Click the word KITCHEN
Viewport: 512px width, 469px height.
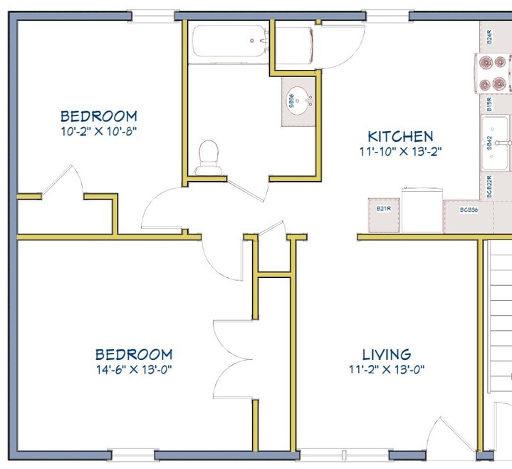400,136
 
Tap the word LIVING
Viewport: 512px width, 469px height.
387,354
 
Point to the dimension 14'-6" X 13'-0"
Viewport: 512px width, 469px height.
134,369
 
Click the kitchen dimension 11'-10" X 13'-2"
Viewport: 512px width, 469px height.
400,151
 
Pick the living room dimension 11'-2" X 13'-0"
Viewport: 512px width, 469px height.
387,369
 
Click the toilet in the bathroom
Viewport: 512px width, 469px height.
208,158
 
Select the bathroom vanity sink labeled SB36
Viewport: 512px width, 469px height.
299,101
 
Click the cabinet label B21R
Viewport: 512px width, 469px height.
385,209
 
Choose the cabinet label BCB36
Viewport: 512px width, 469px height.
468,210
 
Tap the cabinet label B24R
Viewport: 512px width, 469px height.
490,36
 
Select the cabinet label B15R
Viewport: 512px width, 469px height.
490,105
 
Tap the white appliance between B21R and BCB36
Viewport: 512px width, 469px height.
422,210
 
